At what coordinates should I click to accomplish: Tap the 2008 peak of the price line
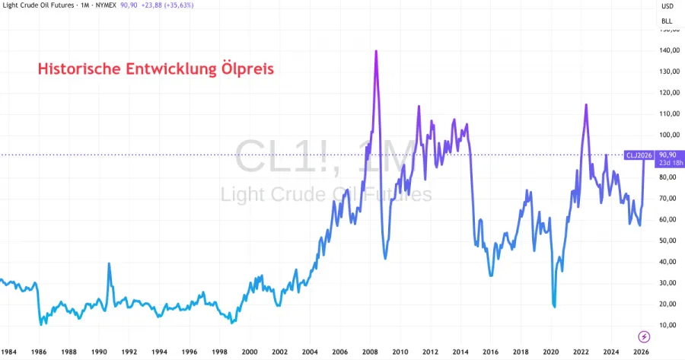[376, 51]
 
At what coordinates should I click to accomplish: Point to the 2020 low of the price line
[554, 306]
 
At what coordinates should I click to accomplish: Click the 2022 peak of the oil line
[586, 104]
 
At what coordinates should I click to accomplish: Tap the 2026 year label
[641, 352]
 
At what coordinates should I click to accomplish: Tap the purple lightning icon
[644, 336]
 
